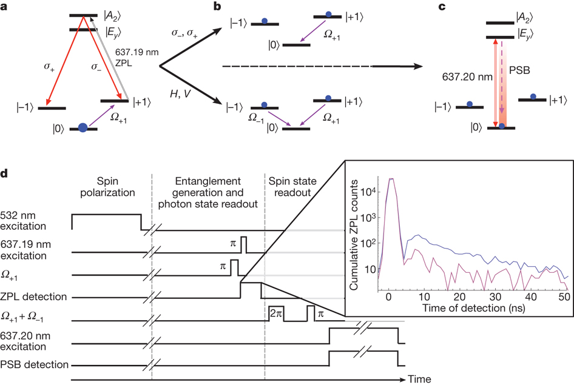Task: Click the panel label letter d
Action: point(5,175)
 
